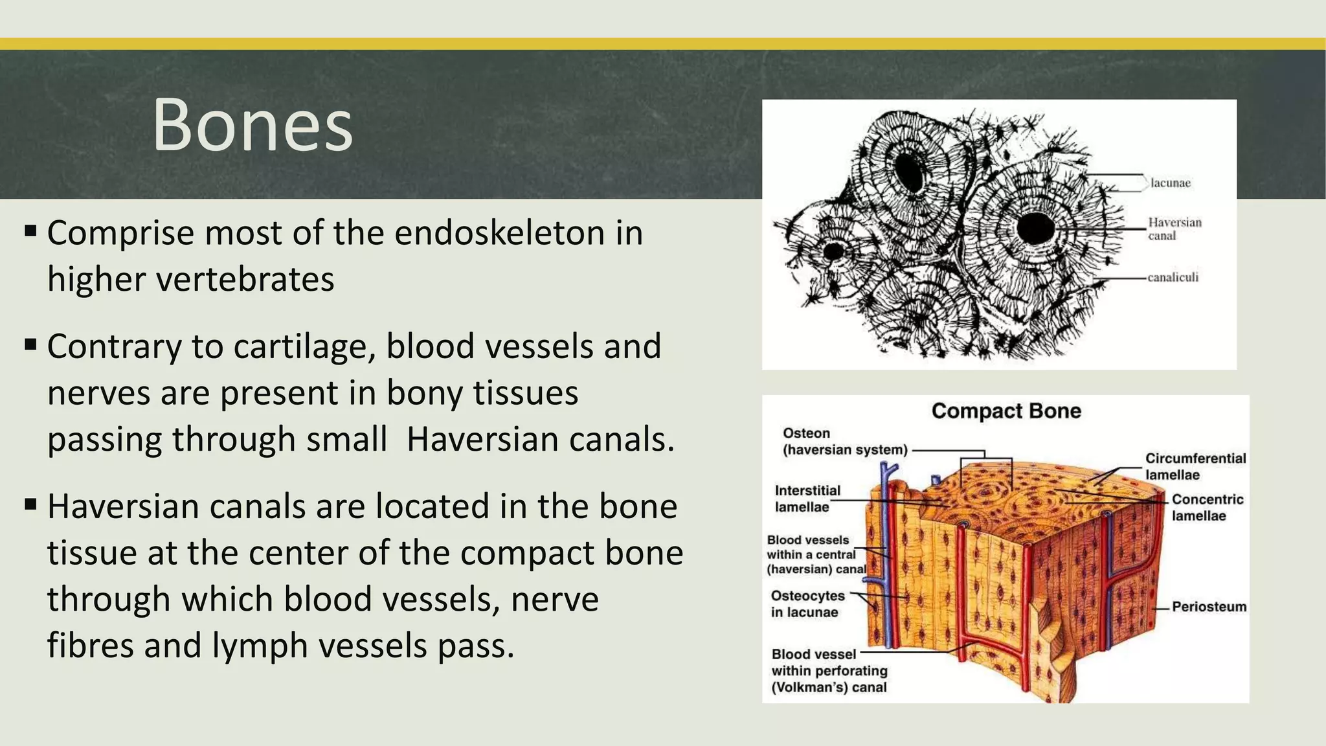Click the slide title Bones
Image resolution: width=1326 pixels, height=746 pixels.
253,125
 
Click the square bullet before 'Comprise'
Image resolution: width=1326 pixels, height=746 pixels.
30,231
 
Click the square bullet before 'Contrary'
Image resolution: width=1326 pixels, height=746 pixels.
30,344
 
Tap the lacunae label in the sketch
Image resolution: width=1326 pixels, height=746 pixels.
1170,183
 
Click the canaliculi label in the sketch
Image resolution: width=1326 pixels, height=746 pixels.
1173,278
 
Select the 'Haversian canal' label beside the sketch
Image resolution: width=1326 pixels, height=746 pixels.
1174,229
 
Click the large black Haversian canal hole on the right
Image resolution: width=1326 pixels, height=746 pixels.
1035,228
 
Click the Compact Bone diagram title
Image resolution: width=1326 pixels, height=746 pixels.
1006,411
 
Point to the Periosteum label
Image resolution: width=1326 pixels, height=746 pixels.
1208,607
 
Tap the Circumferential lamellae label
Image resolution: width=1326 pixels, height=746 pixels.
1195,466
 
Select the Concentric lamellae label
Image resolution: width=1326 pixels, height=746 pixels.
1207,508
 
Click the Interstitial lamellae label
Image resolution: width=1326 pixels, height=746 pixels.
807,499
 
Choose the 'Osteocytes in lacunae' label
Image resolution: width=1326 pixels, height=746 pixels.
807,604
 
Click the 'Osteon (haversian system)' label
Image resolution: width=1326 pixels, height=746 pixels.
844,442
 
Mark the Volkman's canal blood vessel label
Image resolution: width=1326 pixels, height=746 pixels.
829,671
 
